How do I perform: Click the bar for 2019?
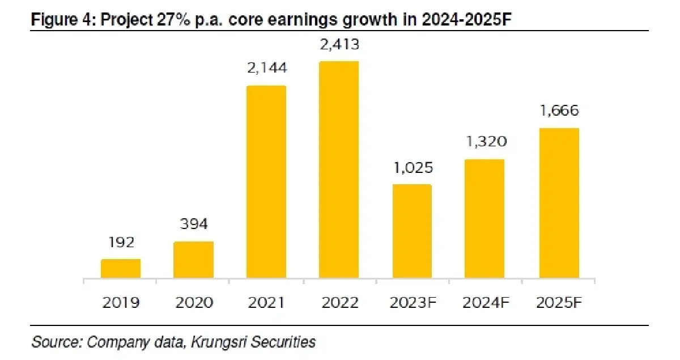point(121,269)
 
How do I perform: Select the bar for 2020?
point(193,260)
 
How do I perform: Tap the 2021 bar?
point(266,182)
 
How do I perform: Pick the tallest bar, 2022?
point(339,170)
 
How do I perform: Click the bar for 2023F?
point(412,231)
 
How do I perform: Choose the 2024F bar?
point(484,219)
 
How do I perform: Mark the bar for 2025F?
point(559,203)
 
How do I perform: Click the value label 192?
point(121,243)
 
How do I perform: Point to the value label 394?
point(193,224)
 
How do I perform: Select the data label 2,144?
point(266,68)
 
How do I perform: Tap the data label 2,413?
point(339,43)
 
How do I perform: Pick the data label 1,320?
point(484,142)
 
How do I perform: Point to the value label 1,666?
point(559,111)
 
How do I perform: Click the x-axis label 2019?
point(121,302)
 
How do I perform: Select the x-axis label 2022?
point(339,302)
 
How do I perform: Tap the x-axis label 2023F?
point(412,302)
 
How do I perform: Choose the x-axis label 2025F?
point(559,302)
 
